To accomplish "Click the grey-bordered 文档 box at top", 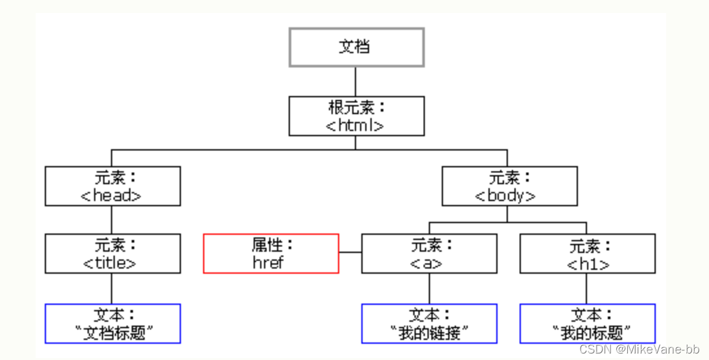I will click(x=356, y=47).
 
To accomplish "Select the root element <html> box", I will click(x=356, y=116).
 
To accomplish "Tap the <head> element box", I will click(x=112, y=186).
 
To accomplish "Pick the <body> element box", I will click(x=509, y=186).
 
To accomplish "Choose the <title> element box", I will click(x=112, y=254).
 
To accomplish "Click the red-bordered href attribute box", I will click(x=271, y=254).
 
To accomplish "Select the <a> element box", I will click(x=429, y=254).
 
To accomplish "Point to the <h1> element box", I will click(x=587, y=254).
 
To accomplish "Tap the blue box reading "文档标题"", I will click(x=112, y=324).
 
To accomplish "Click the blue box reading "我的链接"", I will click(x=429, y=324).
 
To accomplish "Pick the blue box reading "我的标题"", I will click(x=587, y=324).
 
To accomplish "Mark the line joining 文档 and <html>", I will click(x=355, y=81).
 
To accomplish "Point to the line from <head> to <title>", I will click(x=112, y=220).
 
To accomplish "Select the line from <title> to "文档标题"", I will click(x=112, y=288).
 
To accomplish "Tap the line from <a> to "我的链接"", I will click(x=428, y=288).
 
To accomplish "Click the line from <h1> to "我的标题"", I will click(x=586, y=288).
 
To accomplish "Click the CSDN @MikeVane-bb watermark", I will click(x=639, y=350).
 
